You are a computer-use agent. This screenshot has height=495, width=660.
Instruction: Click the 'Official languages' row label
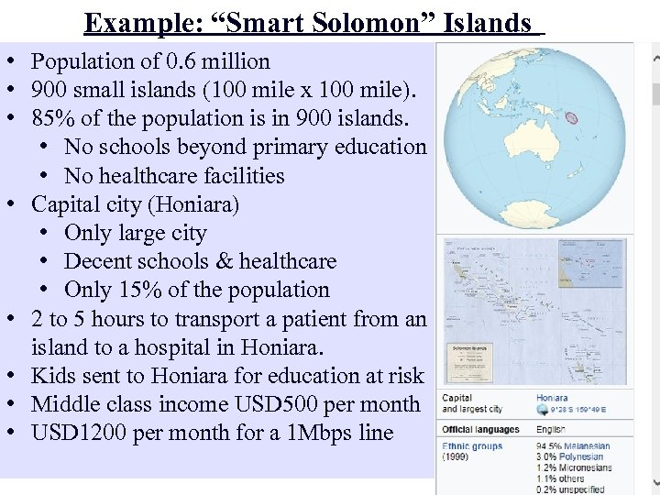tap(480, 429)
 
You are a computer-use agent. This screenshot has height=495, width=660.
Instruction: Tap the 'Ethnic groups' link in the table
tap(472, 447)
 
